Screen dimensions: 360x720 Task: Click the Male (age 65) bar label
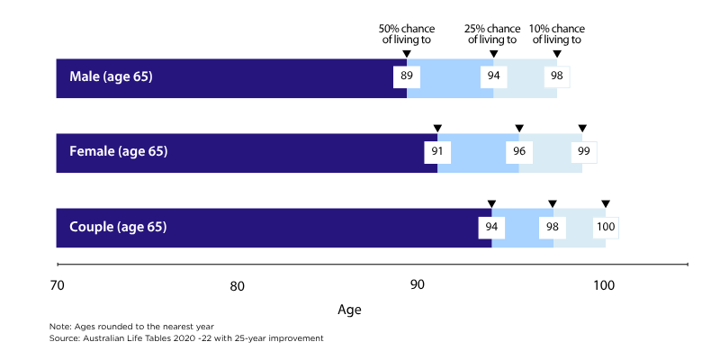[111, 76]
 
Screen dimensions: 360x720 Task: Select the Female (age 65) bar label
[118, 151]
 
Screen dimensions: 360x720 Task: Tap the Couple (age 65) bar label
[118, 227]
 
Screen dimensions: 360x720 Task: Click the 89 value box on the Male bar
[407, 76]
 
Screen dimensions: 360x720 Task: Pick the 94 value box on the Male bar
[493, 76]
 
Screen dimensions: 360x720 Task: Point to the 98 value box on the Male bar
[557, 76]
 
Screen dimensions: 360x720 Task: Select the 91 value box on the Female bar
[437, 151]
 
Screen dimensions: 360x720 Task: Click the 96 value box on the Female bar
[519, 151]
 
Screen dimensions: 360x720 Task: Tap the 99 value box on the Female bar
[582, 151]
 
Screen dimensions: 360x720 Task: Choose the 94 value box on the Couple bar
[491, 227]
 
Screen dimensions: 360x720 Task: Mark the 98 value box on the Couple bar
[553, 227]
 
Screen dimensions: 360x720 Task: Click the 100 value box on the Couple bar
[606, 227]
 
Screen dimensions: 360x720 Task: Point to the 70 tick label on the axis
[56, 286]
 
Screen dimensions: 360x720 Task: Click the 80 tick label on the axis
[237, 286]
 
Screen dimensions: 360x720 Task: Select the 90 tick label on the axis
[418, 286]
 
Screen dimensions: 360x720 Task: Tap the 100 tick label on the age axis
[602, 286]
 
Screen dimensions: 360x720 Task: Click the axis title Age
[349, 310]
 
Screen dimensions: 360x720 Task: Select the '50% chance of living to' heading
[407, 33]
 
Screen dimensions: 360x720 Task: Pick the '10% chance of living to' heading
[557, 33]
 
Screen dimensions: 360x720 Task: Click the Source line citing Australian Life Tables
[185, 338]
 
